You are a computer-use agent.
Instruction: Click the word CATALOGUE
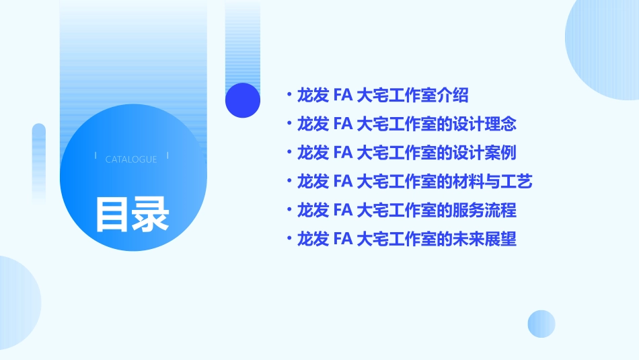coord(131,159)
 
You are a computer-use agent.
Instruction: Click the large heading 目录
coord(132,214)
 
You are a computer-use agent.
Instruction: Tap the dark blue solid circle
coord(243,100)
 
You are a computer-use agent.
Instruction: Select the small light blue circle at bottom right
coord(541,324)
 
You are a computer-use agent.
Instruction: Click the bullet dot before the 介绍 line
coord(289,95)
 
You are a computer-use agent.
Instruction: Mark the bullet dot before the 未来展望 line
coord(289,239)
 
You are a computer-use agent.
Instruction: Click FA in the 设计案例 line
coord(343,153)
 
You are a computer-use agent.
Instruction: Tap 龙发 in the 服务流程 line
coord(312,211)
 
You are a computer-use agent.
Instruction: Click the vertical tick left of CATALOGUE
coord(96,155)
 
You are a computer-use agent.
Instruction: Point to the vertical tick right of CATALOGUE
coord(167,155)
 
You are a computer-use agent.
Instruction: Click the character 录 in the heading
coord(151,214)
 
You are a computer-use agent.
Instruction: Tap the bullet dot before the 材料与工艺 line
coord(289,182)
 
